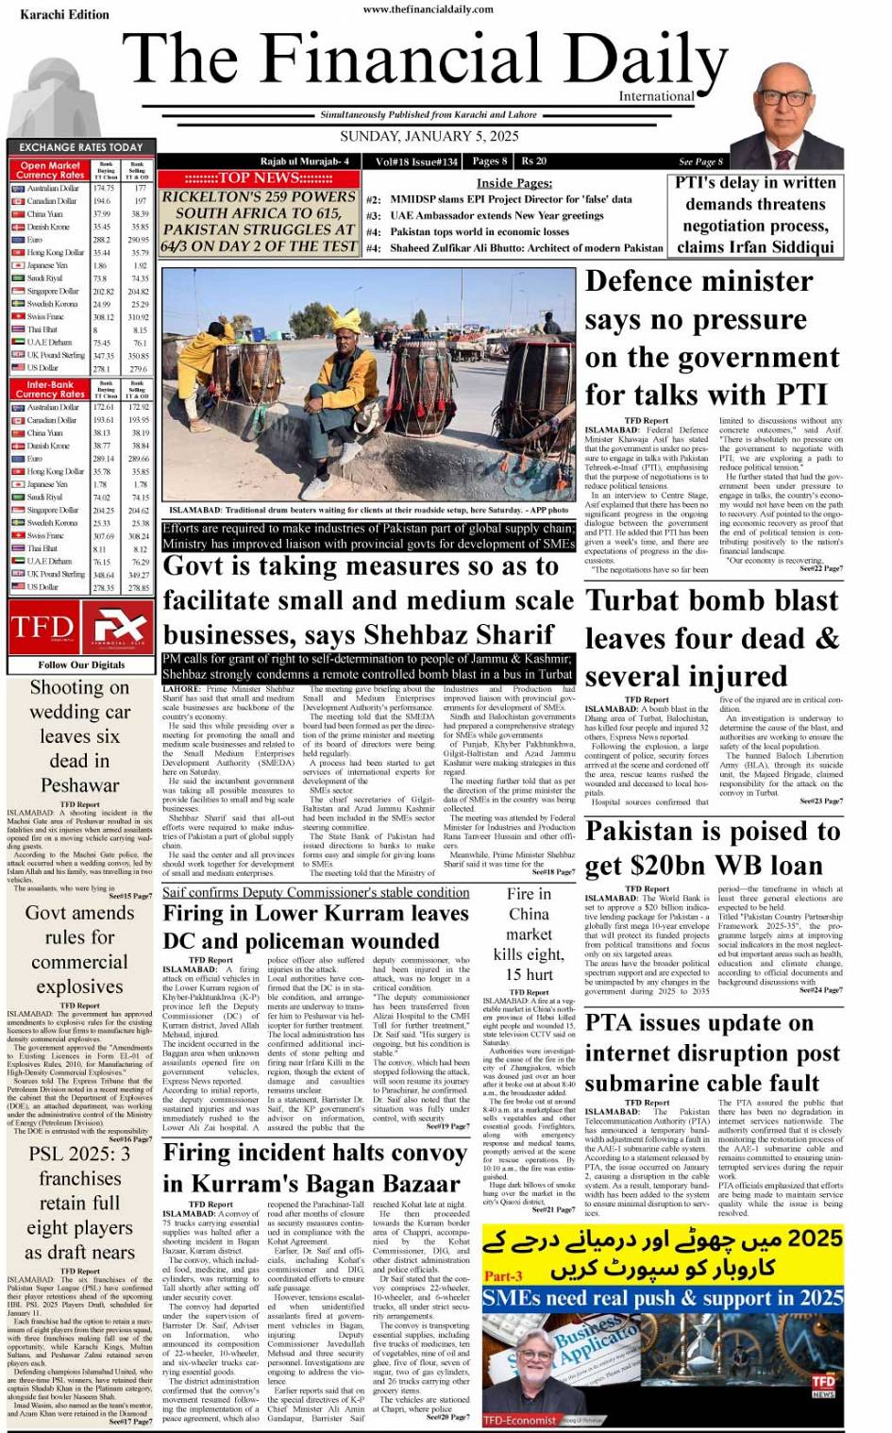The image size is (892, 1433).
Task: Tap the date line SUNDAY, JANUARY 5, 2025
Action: (x=429, y=137)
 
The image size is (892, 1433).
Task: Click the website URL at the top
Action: (x=428, y=9)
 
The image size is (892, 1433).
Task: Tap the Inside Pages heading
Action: (x=514, y=183)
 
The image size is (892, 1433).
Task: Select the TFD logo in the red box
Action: (x=42, y=627)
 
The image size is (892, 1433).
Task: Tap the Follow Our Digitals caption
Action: (x=81, y=665)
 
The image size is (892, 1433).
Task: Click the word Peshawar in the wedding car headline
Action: (x=80, y=785)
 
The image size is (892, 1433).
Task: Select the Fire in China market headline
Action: (x=528, y=934)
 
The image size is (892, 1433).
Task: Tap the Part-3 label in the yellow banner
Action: (x=502, y=1275)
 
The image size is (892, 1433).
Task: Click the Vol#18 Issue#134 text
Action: (x=416, y=161)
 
